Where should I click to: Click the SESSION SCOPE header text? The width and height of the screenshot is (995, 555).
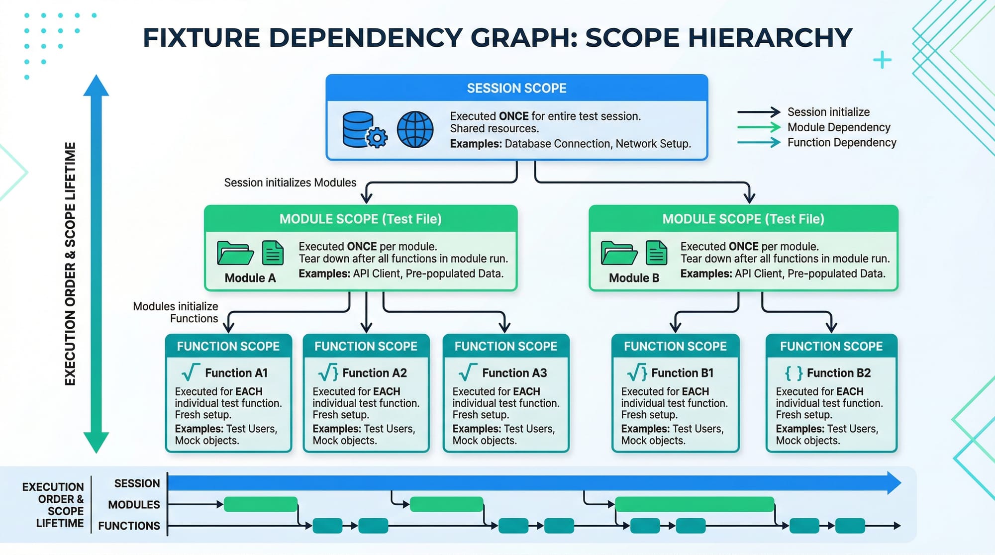(516, 88)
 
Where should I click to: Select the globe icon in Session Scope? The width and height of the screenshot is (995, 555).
(415, 129)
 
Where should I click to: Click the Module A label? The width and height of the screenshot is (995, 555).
(250, 278)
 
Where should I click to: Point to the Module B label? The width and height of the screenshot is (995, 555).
(634, 278)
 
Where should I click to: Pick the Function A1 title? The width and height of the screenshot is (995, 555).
(236, 373)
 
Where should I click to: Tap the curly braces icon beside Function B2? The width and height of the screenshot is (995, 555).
(794, 373)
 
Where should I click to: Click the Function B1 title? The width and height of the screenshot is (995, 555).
(682, 373)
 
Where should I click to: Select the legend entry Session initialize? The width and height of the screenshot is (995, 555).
(828, 112)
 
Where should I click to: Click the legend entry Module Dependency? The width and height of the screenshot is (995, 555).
(839, 127)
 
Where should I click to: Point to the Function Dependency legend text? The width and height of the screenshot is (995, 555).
(842, 143)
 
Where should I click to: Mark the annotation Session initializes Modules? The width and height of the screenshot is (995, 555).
(290, 183)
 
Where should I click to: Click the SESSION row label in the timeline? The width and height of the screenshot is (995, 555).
(137, 483)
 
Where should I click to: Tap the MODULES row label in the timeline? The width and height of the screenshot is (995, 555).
(134, 505)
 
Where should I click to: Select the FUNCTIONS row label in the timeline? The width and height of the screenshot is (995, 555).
(129, 526)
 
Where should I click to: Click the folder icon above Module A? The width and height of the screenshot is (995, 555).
(235, 253)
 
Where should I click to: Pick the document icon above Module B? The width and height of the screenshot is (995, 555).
(656, 253)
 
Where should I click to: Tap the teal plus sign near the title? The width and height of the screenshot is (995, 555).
(882, 60)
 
